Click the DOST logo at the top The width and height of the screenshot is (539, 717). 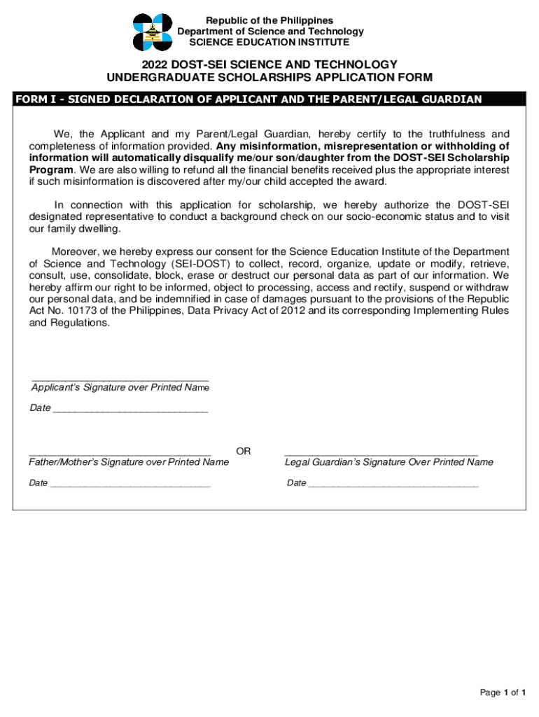(153, 32)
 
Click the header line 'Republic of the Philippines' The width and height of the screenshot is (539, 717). (270, 20)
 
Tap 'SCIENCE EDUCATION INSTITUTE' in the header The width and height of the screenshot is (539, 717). (270, 43)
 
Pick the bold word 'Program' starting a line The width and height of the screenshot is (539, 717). (51, 169)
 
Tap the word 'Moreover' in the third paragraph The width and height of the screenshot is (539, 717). (74, 251)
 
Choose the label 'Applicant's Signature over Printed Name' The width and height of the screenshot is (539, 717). (120, 388)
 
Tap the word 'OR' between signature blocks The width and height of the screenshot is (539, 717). (244, 452)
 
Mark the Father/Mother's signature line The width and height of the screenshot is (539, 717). (120, 454)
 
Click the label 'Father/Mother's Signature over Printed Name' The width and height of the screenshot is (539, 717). (129, 462)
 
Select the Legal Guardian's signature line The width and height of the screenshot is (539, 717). (381, 454)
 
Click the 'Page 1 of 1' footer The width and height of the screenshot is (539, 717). (503, 692)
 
